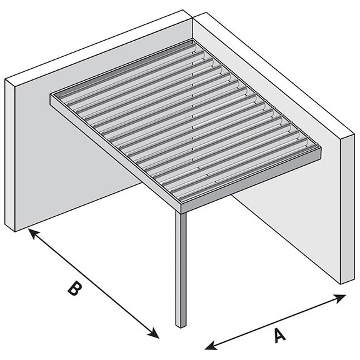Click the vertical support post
point(180,269)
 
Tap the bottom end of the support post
point(180,324)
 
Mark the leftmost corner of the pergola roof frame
point(52,97)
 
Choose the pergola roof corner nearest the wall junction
point(191,42)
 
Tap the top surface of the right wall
point(275,75)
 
